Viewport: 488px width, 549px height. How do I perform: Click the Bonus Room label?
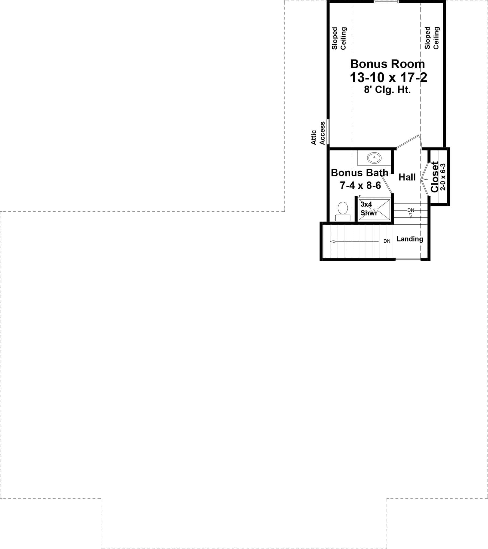point(387,64)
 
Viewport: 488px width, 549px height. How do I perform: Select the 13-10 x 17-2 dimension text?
point(388,78)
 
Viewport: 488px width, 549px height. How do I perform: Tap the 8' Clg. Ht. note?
point(387,90)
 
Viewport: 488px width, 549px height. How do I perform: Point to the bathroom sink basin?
point(374,158)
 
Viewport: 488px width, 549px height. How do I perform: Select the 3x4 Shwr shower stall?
point(374,209)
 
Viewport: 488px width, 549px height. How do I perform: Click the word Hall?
point(407,177)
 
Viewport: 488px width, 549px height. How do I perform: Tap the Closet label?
point(435,177)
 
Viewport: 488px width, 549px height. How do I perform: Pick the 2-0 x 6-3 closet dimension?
point(443,177)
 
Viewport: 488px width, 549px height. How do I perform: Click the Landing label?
point(410,239)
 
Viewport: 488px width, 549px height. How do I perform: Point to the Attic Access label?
point(318,133)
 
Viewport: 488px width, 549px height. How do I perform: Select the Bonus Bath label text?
point(359,173)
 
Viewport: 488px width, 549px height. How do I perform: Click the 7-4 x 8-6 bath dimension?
point(360,185)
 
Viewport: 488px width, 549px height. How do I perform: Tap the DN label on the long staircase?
point(387,241)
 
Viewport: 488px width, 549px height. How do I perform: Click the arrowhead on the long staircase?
point(333,242)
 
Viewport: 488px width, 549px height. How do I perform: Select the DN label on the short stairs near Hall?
point(411,210)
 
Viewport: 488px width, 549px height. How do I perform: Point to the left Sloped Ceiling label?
point(339,38)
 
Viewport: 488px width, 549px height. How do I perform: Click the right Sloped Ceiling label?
point(432,38)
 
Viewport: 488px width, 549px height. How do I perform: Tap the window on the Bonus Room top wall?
point(386,2)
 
